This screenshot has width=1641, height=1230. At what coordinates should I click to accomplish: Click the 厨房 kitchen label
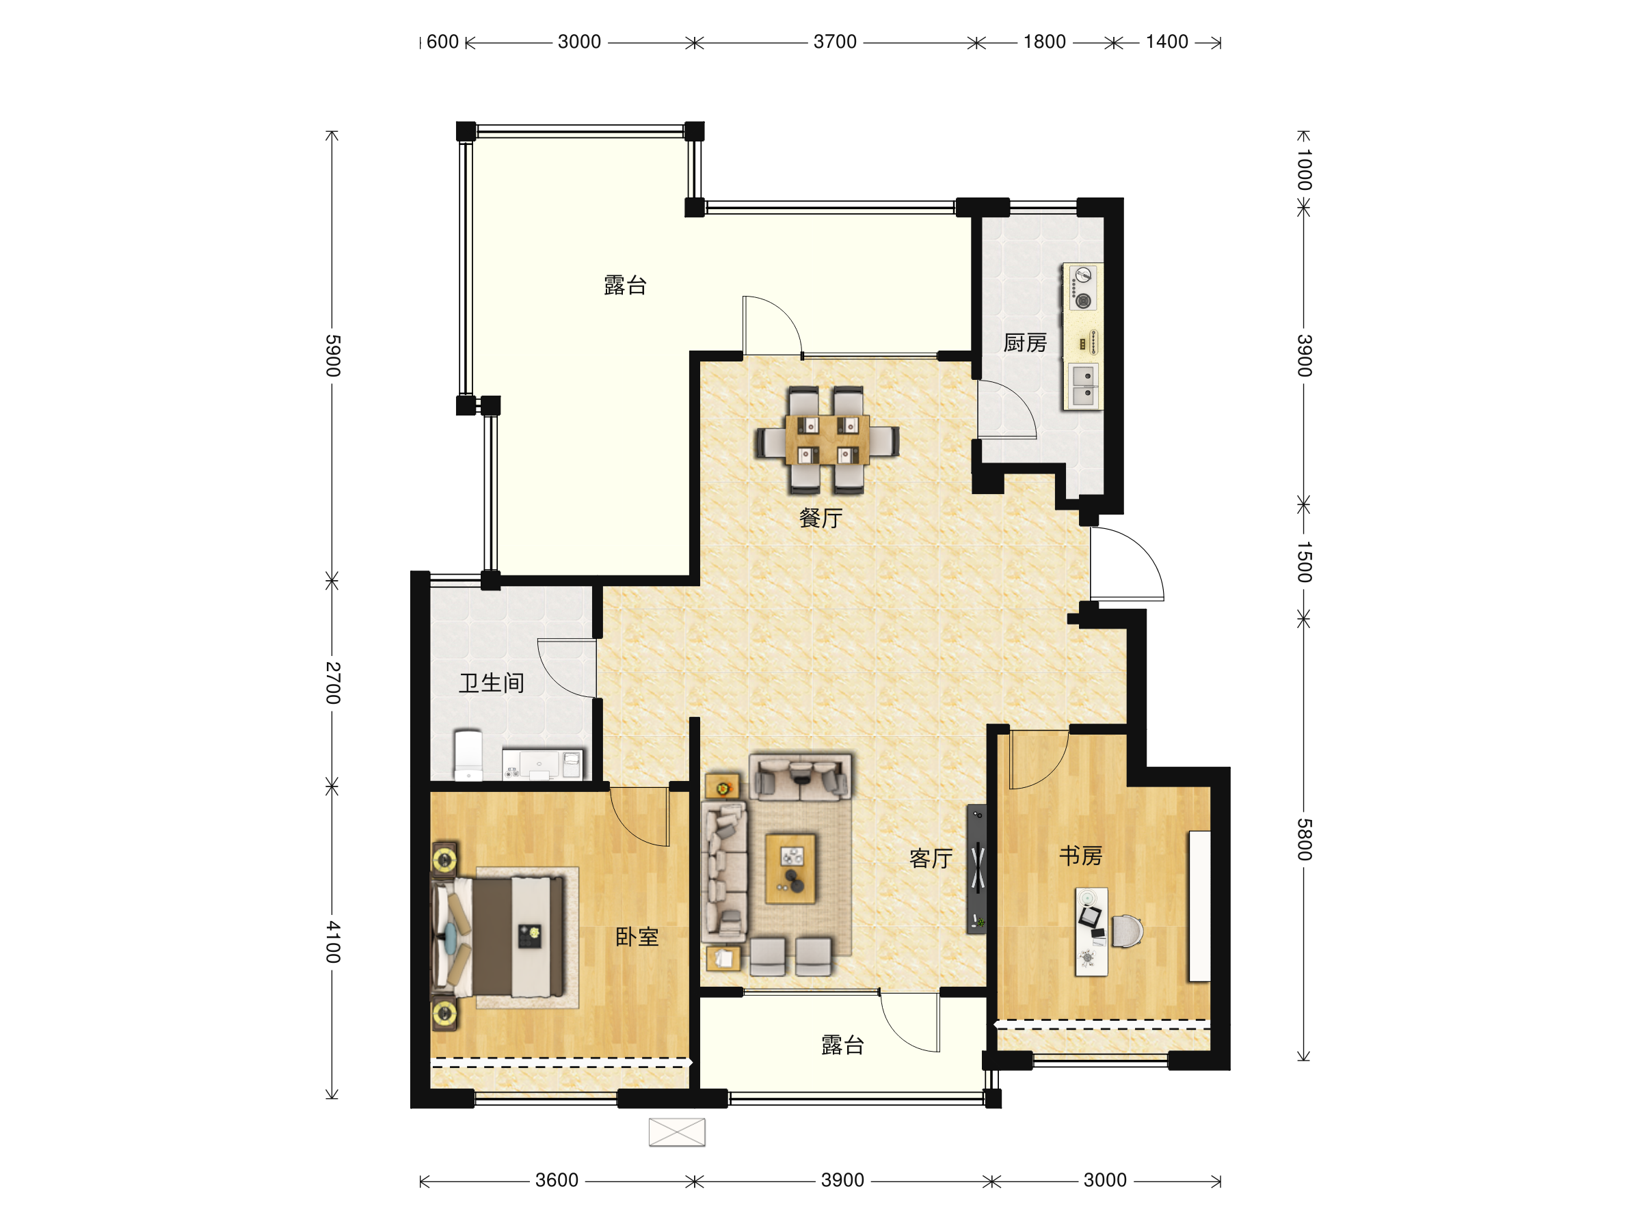pos(1024,342)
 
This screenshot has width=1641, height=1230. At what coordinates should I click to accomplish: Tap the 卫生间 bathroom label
pos(491,683)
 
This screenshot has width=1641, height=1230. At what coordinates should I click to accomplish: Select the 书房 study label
pos(1080,856)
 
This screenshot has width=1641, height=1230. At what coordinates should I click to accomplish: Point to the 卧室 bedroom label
pos(637,936)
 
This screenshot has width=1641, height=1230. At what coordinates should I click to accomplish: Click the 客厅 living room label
pos(931,858)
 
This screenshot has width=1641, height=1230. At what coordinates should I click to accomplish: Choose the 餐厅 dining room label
pos(820,517)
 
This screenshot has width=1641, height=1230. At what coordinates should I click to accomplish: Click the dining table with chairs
pos(827,439)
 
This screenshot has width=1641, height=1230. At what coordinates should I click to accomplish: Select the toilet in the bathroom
pos(468,755)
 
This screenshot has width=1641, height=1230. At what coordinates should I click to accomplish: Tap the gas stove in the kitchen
pos(1082,288)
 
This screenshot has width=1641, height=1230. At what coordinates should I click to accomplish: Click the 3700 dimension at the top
pos(835,42)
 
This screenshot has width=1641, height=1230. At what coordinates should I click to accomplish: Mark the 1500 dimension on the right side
pos(1304,562)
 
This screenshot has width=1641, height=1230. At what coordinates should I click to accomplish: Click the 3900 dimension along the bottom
pos(842,1179)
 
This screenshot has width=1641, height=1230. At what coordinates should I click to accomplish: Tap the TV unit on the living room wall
pos(977,869)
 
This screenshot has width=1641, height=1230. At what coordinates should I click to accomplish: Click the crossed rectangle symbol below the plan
pos(677,1132)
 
